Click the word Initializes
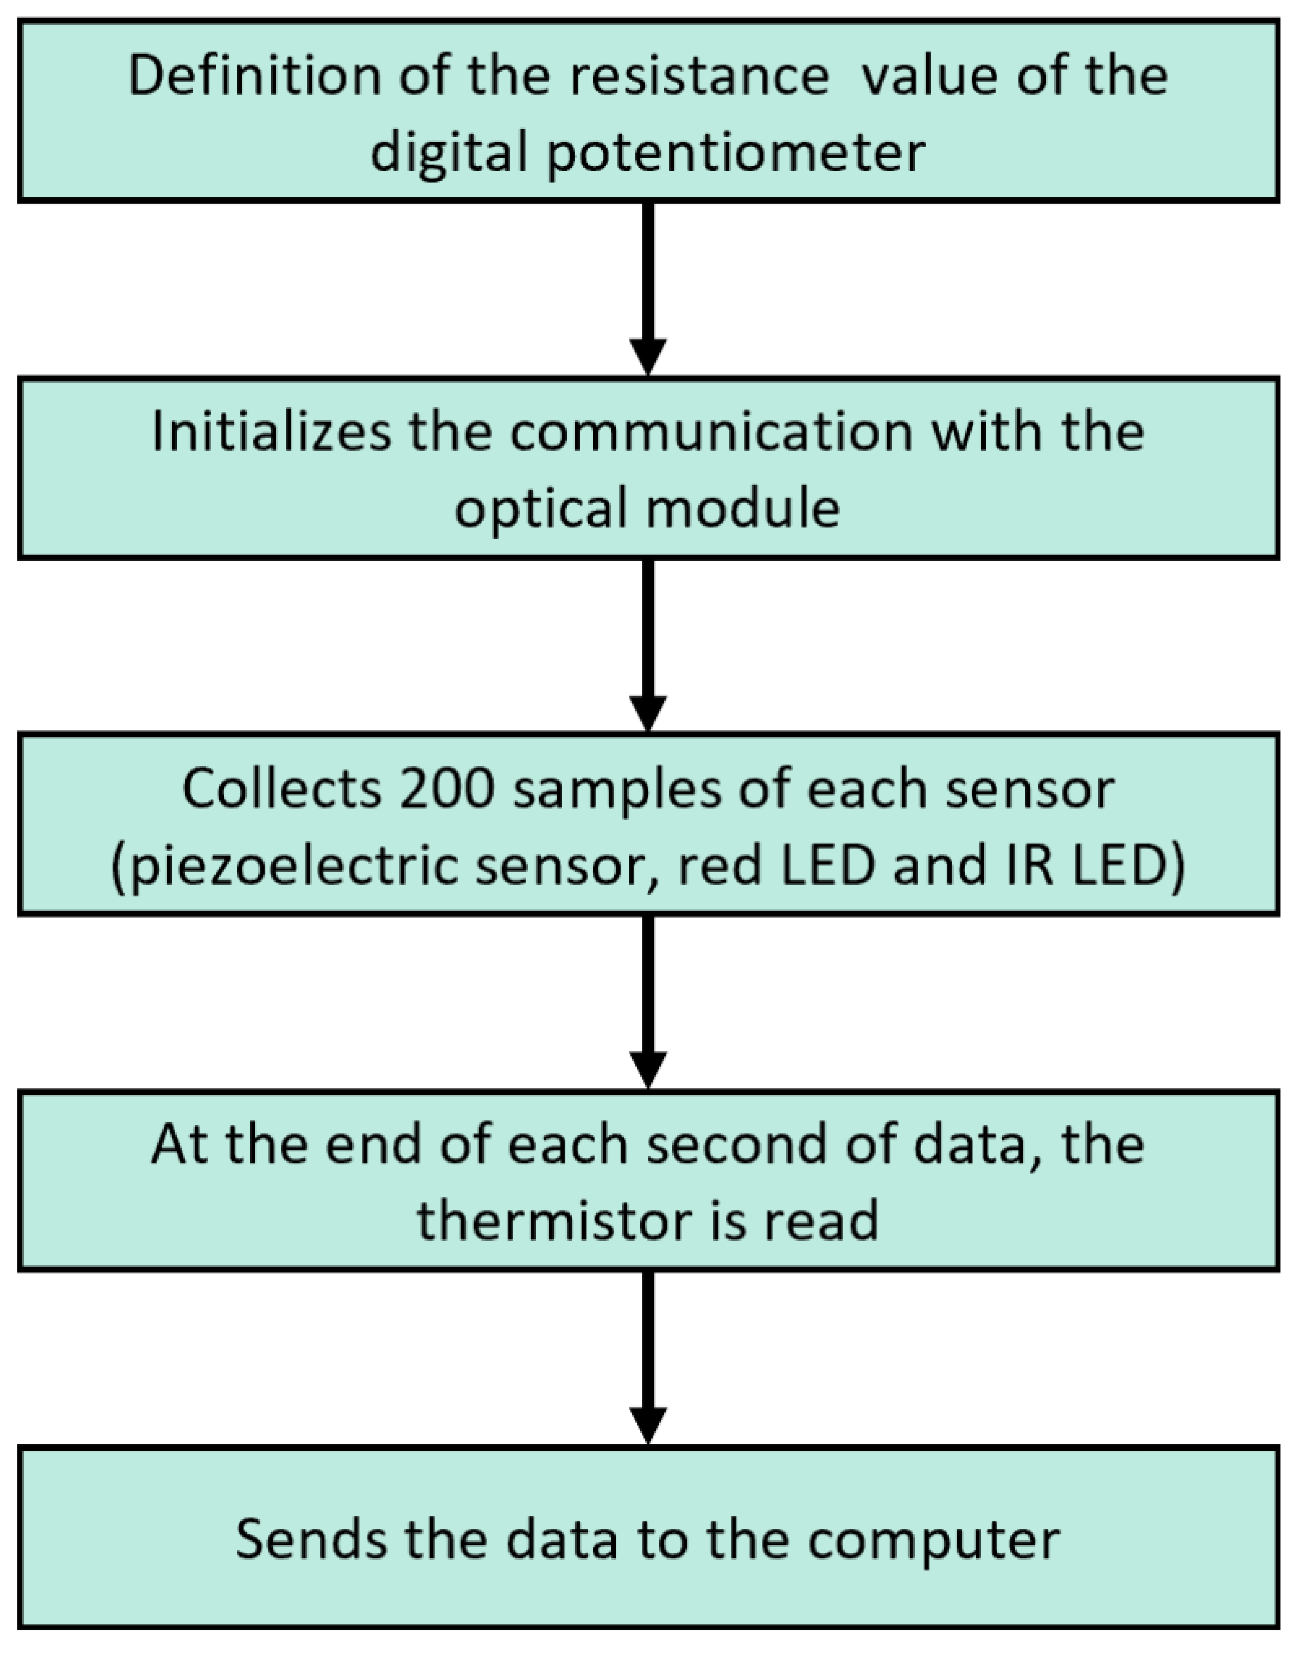tap(272, 432)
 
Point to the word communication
tap(712, 432)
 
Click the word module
tap(744, 508)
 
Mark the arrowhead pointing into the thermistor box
tap(648, 1069)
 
